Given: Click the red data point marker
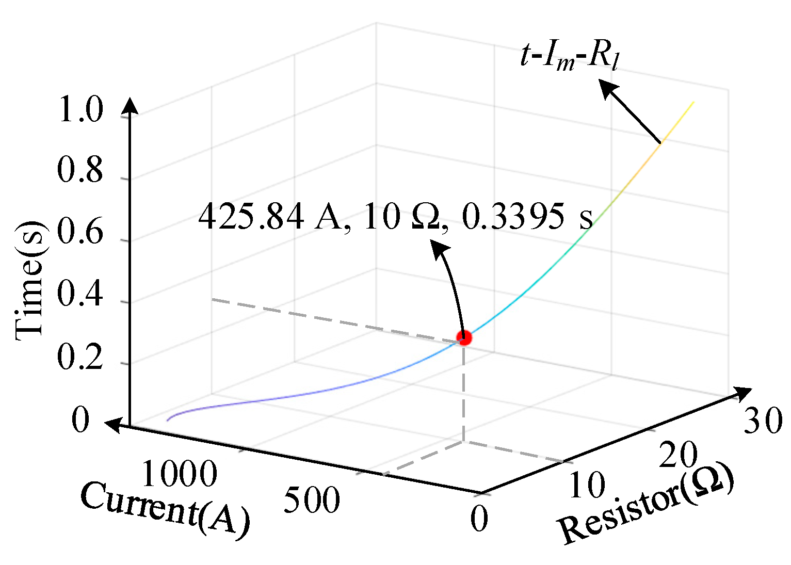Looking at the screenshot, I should [x=464, y=338].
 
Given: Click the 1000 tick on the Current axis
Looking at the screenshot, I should [x=179, y=474].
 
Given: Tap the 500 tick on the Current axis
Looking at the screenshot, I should [x=312, y=500].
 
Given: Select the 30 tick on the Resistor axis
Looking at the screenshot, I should [x=762, y=421].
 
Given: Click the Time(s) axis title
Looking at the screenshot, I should [x=30, y=281].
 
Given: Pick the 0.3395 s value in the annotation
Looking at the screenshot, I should [x=526, y=217].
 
